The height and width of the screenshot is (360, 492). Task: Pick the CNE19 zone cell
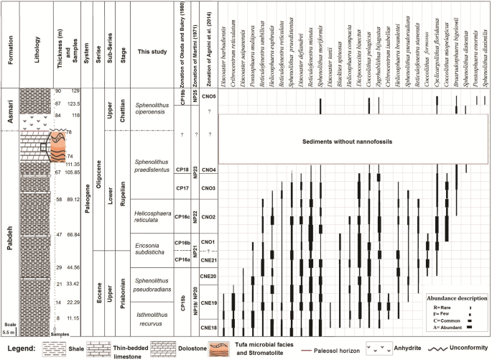[209, 303]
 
